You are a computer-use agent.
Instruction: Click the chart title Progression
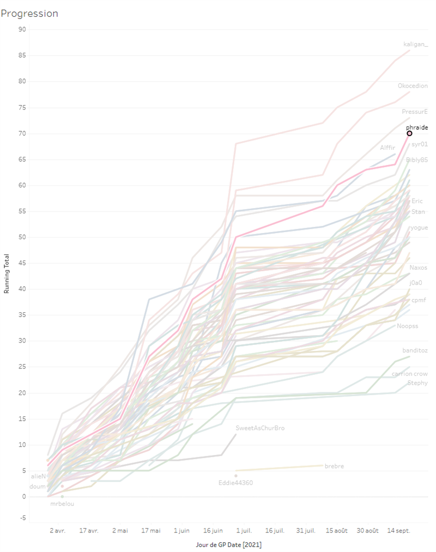click(29, 14)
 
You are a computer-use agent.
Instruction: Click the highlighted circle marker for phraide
click(409, 133)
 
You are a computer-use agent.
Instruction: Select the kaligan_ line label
click(415, 44)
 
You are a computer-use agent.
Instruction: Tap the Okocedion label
click(413, 86)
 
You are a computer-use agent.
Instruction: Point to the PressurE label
click(415, 112)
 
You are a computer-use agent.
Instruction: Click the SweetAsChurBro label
click(260, 428)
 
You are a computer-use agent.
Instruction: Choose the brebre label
click(334, 466)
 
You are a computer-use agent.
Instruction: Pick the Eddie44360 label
click(235, 483)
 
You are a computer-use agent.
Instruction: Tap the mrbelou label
click(62, 504)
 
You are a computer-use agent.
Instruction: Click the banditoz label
click(415, 350)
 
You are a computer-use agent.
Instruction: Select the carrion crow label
click(409, 374)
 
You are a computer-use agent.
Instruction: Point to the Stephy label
click(417, 383)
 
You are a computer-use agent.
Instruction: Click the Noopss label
click(408, 326)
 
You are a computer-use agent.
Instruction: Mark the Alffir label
click(387, 148)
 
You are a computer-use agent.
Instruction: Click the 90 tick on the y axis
click(22, 29)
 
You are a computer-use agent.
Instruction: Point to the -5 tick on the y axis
click(23, 518)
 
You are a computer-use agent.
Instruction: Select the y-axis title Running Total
click(7, 274)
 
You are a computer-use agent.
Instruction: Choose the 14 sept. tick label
click(398, 530)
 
